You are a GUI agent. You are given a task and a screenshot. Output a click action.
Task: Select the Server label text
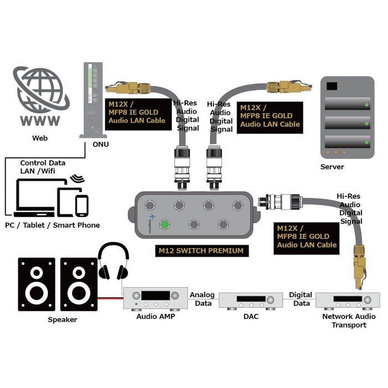point(332,167)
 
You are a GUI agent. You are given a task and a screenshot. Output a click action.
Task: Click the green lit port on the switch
point(165,224)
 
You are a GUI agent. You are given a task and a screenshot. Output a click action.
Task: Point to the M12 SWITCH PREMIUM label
point(201,251)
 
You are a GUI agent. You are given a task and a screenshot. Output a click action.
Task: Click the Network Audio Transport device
point(348,300)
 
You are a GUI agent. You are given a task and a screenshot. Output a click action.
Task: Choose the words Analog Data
point(202,299)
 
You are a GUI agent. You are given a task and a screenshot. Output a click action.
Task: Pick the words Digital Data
point(301,299)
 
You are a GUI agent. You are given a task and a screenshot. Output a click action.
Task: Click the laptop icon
point(34,199)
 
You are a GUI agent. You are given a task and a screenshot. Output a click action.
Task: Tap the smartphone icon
point(82,205)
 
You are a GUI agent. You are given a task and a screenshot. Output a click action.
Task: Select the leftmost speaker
point(37,283)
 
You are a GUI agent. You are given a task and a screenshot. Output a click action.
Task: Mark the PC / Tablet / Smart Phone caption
point(52,225)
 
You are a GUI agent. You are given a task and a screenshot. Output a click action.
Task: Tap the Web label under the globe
point(40,137)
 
